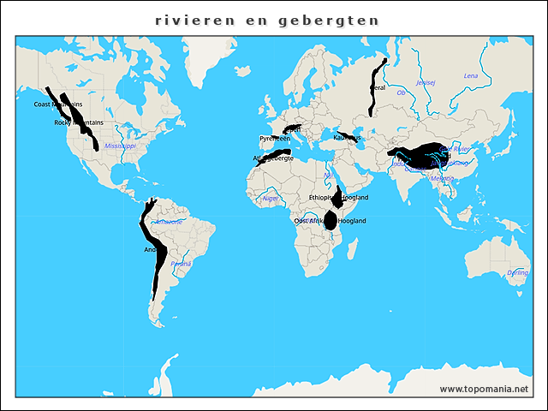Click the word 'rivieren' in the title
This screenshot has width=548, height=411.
point(189,19)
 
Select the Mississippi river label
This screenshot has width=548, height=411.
point(121,146)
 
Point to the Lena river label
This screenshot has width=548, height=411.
point(471,75)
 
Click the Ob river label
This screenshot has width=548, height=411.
point(402,92)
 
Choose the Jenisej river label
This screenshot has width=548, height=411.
point(426,83)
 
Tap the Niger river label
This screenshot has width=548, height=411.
point(271,198)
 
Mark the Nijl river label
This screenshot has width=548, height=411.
point(329,175)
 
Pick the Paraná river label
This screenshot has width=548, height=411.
point(181,264)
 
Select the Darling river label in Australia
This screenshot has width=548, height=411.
point(517,272)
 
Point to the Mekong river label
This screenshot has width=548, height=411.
point(442,178)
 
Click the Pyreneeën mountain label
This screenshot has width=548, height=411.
point(275,138)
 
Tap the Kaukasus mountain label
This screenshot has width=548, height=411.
point(347,137)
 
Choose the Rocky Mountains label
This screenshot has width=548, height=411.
point(79,122)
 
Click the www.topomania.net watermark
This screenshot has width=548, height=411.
point(484,389)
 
